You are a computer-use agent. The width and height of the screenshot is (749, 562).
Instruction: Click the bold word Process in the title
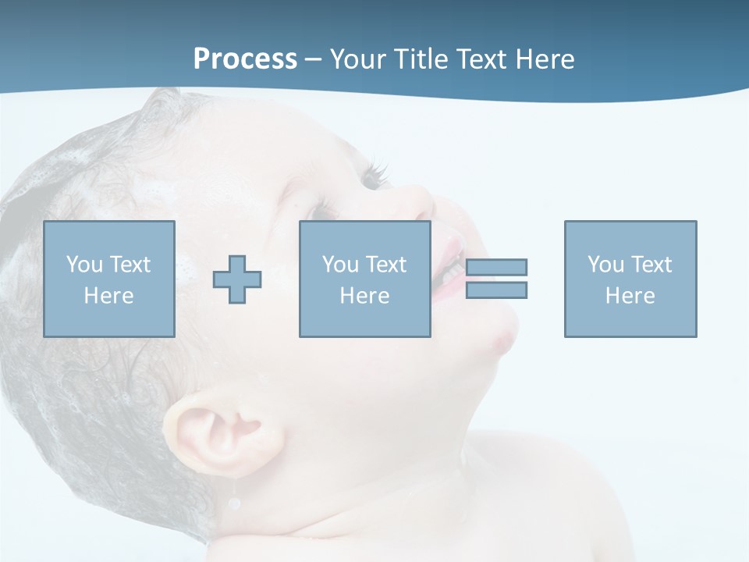(x=245, y=59)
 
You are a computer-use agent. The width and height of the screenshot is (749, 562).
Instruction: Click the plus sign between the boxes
(x=237, y=279)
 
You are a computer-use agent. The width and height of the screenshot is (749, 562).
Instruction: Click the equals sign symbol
(x=496, y=279)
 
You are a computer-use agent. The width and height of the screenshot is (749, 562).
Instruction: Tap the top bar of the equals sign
(x=496, y=267)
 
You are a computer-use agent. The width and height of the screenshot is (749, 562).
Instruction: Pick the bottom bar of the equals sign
(x=496, y=290)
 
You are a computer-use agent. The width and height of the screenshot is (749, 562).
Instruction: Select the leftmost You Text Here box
(x=109, y=279)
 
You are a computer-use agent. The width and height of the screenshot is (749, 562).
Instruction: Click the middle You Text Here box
(x=364, y=279)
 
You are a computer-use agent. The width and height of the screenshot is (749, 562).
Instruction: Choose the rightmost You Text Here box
(x=630, y=279)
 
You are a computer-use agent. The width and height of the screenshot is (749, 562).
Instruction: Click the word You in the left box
(x=83, y=264)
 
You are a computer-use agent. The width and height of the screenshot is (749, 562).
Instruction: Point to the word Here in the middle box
(x=364, y=296)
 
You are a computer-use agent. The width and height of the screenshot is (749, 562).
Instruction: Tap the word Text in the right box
(x=651, y=264)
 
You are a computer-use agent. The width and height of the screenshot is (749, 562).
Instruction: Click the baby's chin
(x=499, y=336)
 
